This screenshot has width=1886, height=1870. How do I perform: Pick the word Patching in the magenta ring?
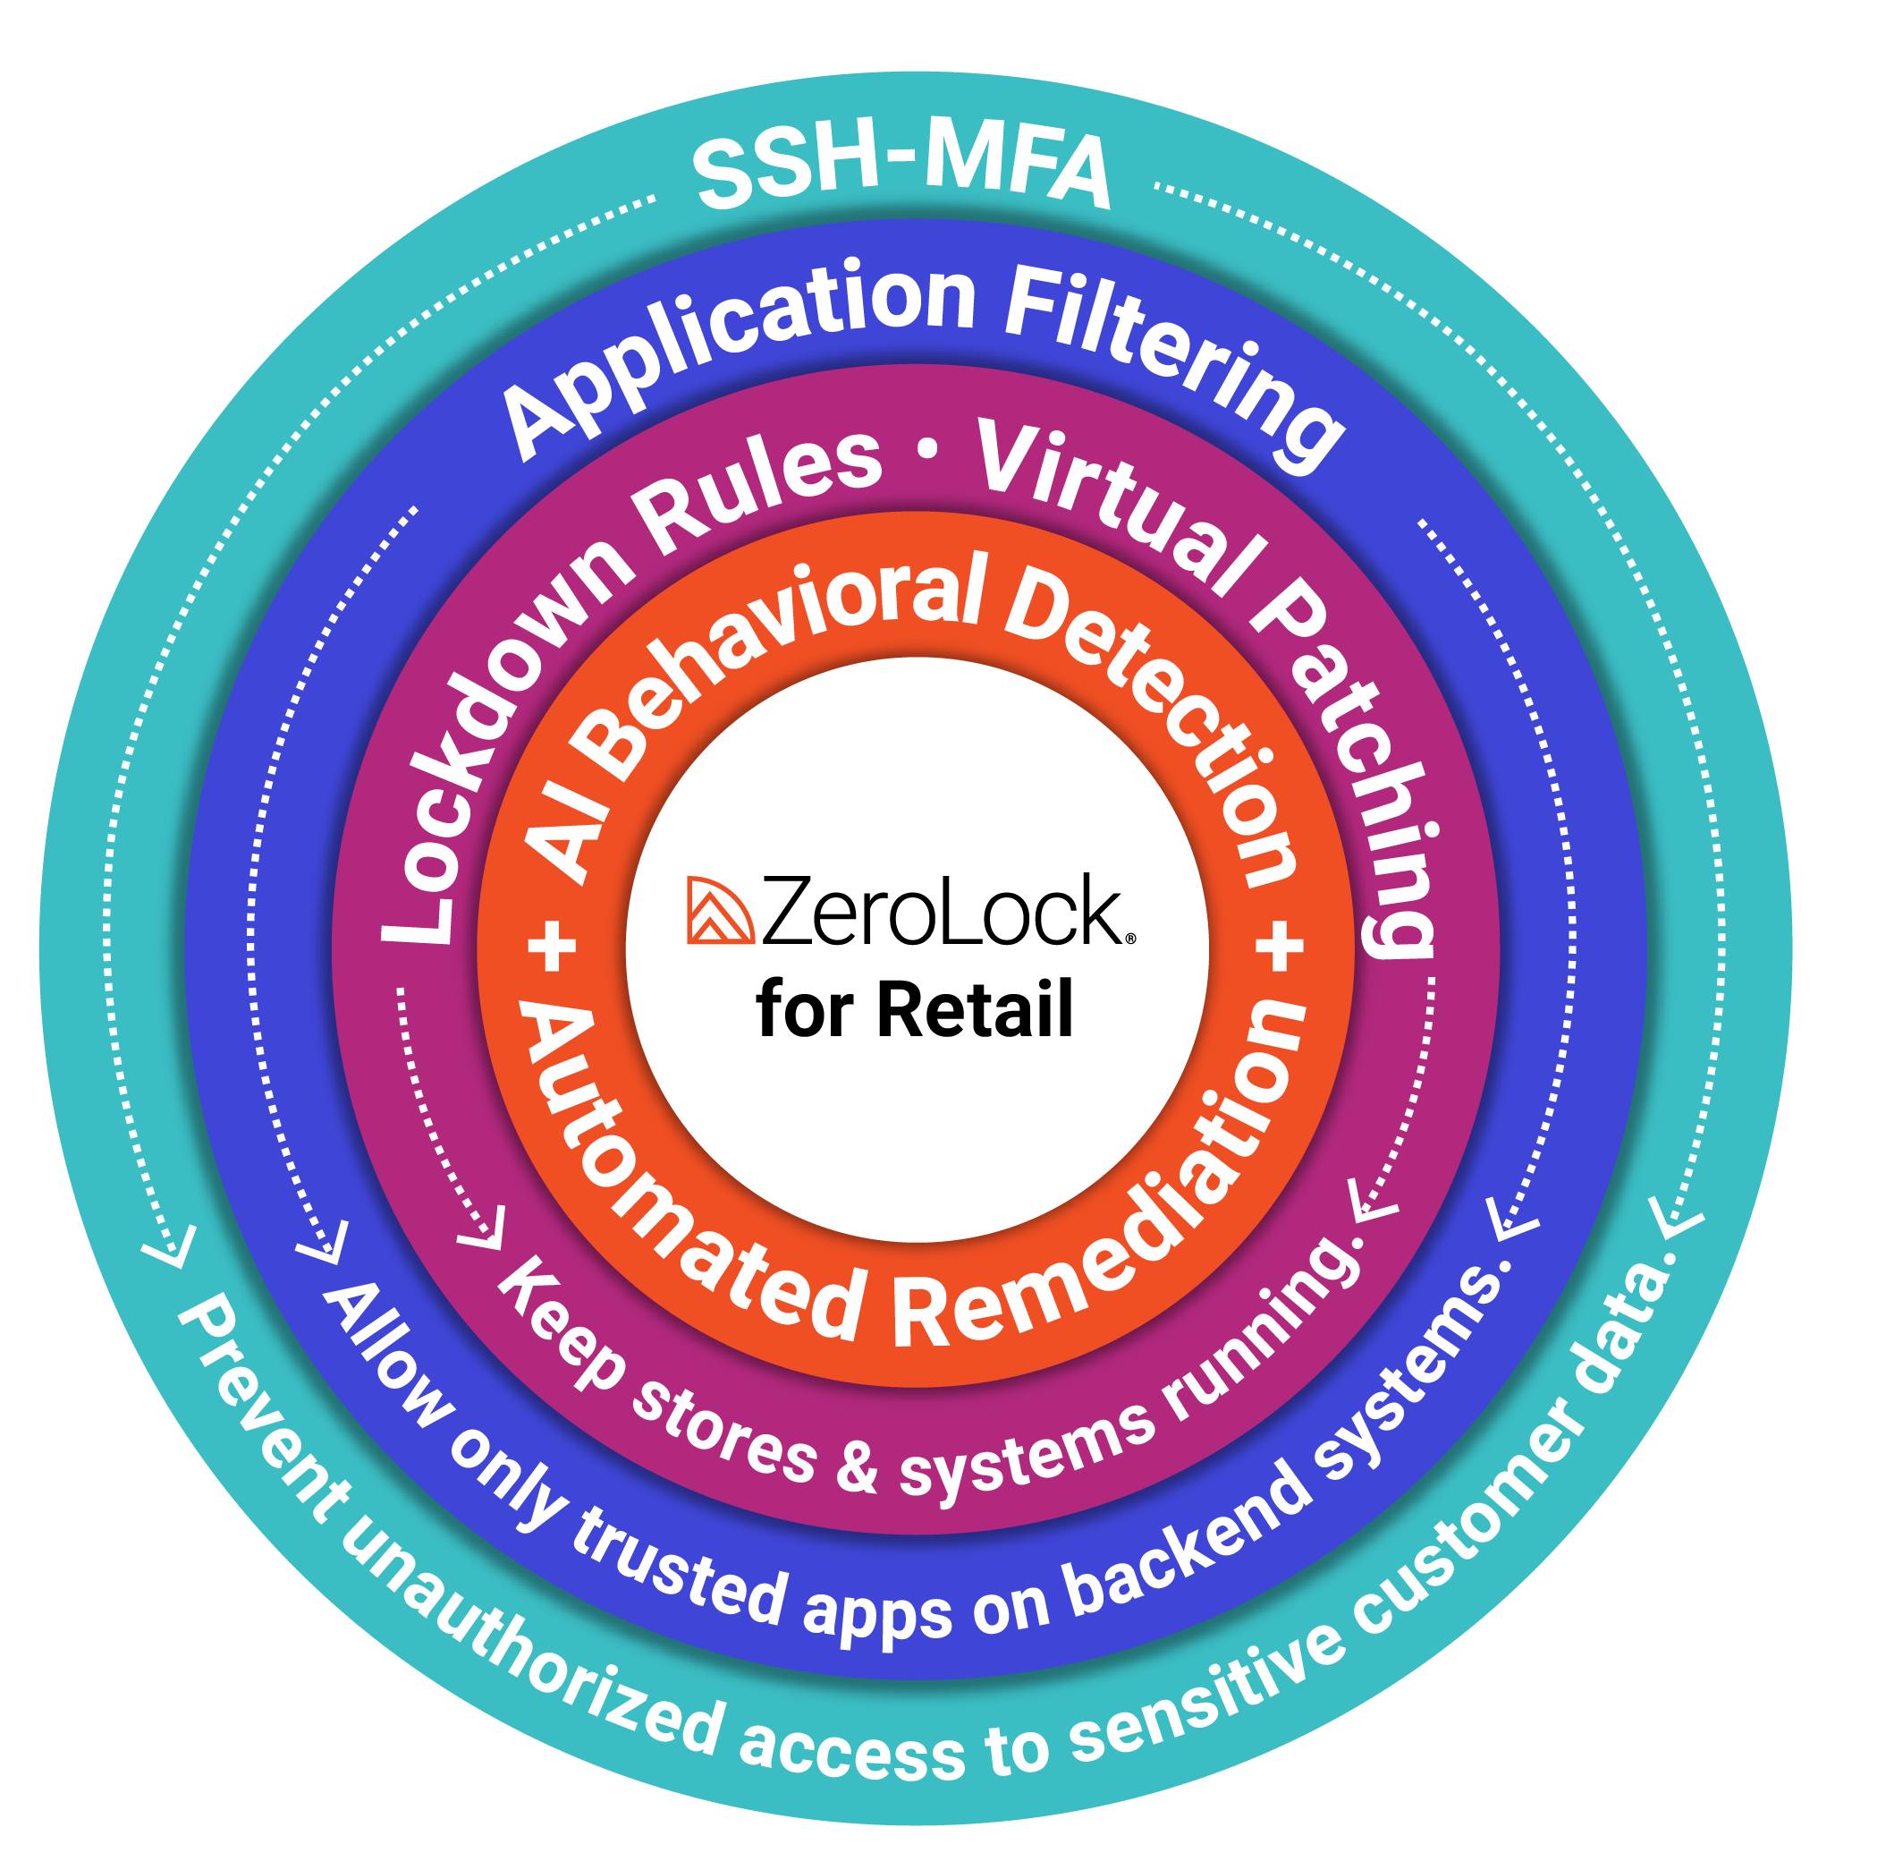tap(1366, 771)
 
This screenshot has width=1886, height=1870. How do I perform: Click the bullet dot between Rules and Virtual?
tap(927, 450)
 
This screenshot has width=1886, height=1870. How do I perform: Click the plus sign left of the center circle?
tap(553, 945)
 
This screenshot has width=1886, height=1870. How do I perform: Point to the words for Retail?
tap(915, 1009)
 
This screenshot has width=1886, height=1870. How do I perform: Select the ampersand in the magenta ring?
tap(856, 1465)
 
